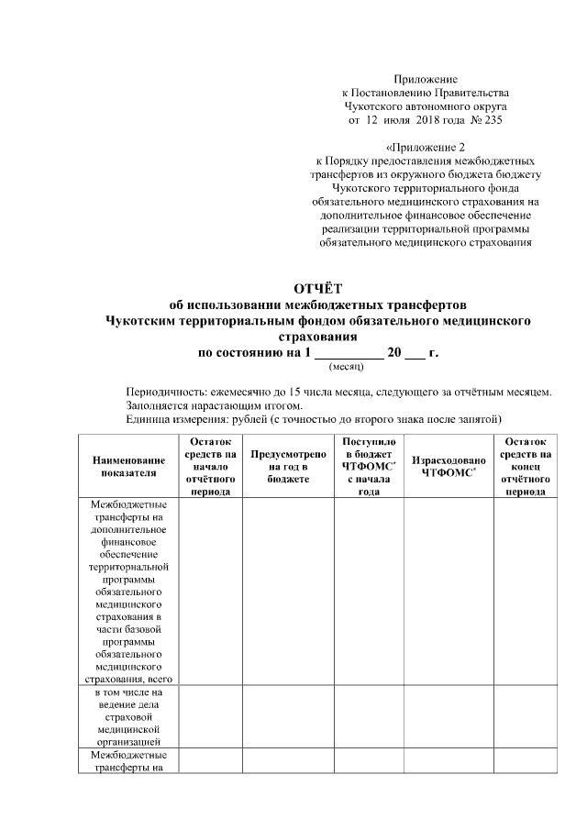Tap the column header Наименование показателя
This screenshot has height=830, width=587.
tap(129, 465)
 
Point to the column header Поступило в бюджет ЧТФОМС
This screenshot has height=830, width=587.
tap(369, 465)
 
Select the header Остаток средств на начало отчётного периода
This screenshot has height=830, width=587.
tap(210, 465)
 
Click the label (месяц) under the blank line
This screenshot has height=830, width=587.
tap(346, 365)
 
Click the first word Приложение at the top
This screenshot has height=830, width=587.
tap(426, 81)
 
